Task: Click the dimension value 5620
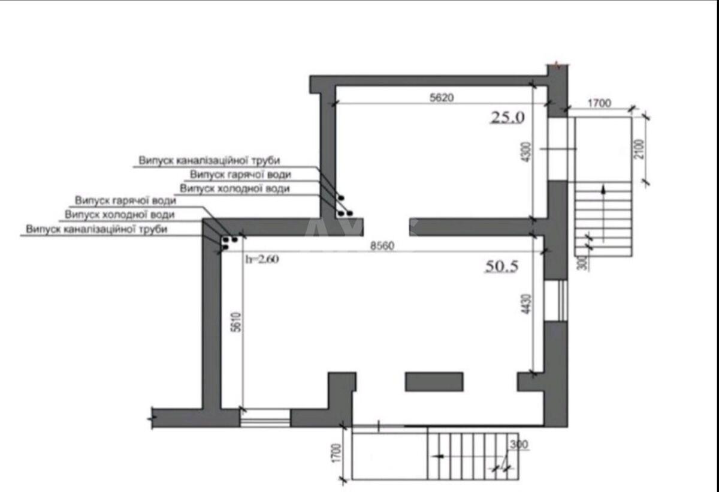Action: pos(442,98)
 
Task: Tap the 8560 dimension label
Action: pos(382,246)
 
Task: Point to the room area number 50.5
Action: pos(502,266)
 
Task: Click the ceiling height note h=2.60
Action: pos(262,259)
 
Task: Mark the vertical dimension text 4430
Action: pos(527,304)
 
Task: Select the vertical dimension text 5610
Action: pos(236,322)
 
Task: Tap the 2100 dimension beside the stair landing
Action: pos(639,149)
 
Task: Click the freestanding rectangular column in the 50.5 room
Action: pos(434,382)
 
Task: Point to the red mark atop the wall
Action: pos(558,65)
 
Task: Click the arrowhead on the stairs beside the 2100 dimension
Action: pos(603,190)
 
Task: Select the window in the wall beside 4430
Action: pos(556,301)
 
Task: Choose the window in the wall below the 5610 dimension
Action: pos(265,418)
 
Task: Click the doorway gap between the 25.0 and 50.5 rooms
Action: pos(386,227)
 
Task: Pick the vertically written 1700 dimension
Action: pos(336,453)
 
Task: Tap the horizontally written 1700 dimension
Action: pos(599,103)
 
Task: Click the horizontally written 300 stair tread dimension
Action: pos(519,445)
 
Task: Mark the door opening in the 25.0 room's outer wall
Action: pos(558,149)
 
